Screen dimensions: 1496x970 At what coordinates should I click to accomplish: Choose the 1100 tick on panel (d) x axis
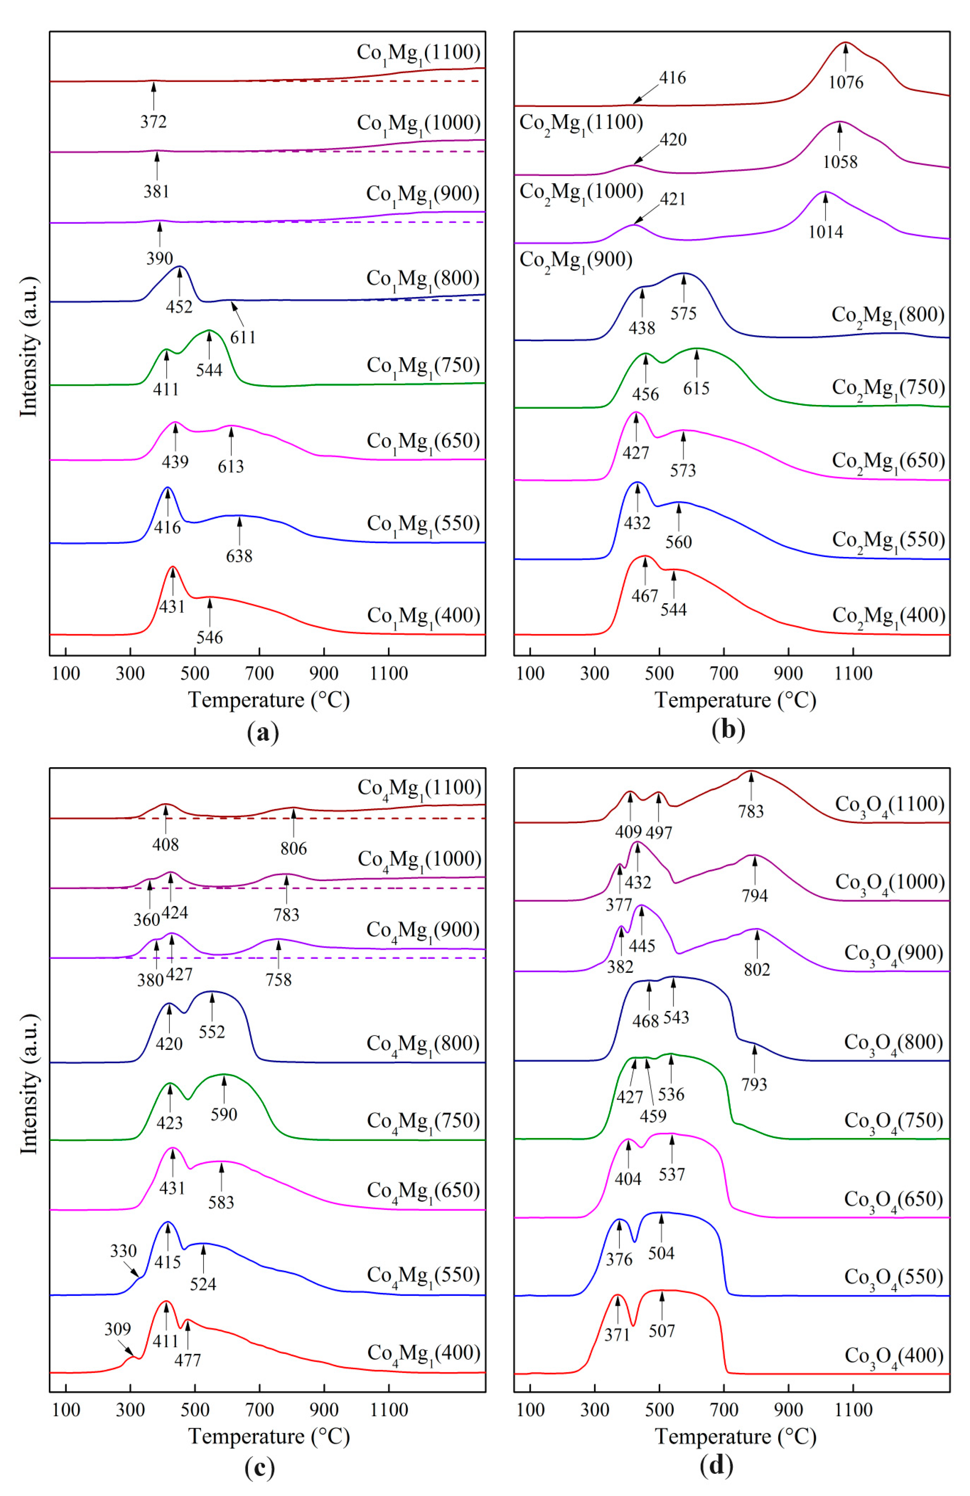tap(853, 1410)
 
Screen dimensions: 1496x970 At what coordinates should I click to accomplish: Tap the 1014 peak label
tap(826, 232)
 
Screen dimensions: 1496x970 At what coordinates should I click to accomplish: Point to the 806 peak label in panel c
tap(294, 849)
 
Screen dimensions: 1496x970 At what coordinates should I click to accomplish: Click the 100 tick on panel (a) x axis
tap(66, 674)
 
